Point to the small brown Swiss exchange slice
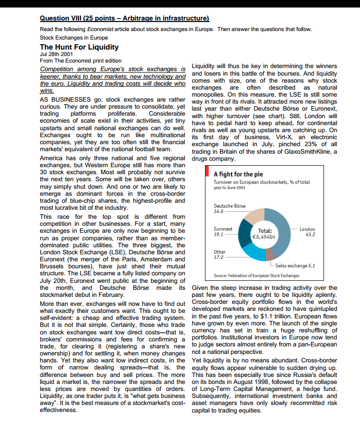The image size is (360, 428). [270, 258]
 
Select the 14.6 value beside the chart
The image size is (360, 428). [218, 211]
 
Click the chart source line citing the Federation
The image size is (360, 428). [256, 275]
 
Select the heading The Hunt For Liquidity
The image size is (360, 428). [79, 47]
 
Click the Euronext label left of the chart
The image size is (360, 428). [223, 228]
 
